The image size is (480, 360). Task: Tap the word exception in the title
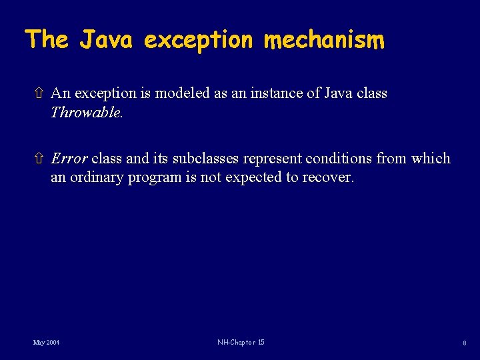pos(199,41)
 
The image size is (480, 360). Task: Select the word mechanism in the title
pos(324,40)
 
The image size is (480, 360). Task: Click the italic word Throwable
pos(87,112)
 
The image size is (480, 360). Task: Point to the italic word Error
pos(69,159)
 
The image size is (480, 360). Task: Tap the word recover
pos(329,178)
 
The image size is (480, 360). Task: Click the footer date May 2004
pos(47,343)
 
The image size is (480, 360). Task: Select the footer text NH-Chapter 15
pos(241,343)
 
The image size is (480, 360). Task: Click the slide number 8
pos(465,343)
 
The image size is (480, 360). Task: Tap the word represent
pos(271,159)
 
